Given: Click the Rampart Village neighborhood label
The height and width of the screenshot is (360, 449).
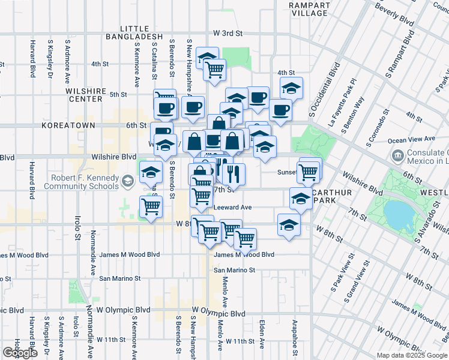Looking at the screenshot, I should click(309, 9).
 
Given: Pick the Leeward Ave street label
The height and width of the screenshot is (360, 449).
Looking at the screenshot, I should click(233, 207).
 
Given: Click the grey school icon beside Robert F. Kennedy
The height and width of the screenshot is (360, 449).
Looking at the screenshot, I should click(128, 181).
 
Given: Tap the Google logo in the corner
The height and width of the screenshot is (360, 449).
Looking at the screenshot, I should click(20, 353).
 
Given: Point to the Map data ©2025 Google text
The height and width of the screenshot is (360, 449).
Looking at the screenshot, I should click(411, 355).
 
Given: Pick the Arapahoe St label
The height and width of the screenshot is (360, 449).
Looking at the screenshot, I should click(295, 336).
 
